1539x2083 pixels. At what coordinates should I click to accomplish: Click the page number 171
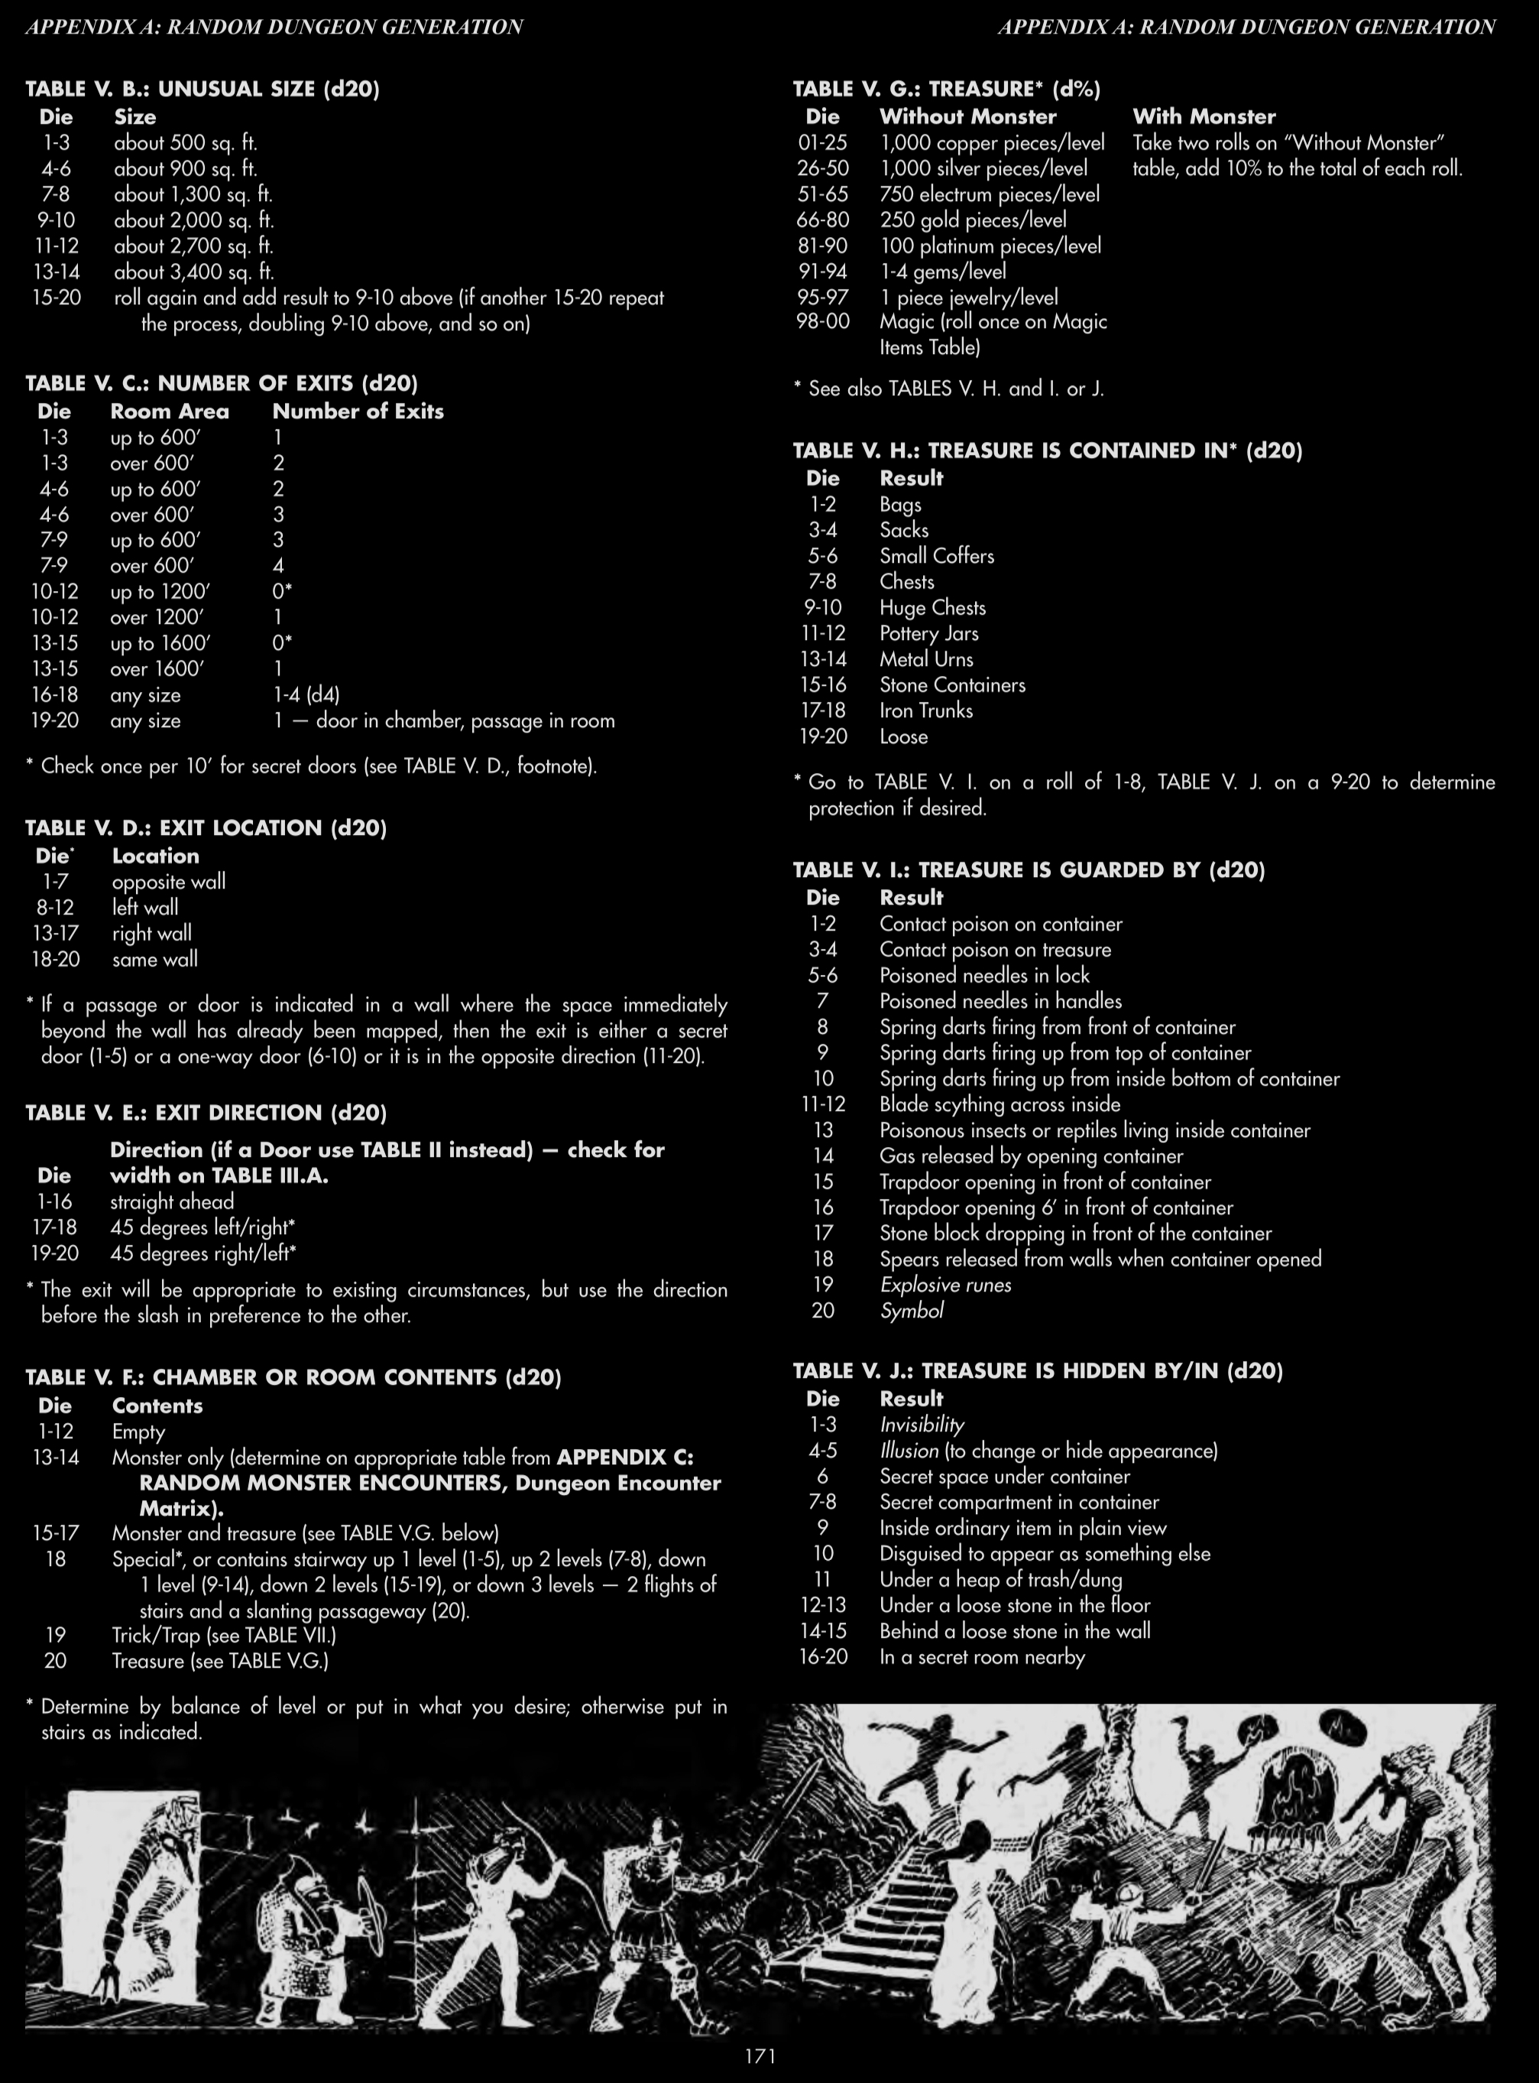tap(760, 2056)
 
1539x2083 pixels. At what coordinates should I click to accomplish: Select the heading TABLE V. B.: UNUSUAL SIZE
tap(202, 89)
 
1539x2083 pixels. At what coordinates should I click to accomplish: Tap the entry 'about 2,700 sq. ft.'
tap(194, 246)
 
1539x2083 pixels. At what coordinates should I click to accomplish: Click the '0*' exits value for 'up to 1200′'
tap(282, 591)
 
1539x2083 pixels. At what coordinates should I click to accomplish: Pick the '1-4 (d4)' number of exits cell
tap(306, 694)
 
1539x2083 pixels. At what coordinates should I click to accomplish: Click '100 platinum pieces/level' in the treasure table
tap(990, 246)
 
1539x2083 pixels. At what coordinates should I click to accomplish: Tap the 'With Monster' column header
tap(1204, 116)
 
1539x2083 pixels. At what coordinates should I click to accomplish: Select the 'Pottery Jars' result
tap(928, 634)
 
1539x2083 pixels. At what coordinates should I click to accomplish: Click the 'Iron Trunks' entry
tap(926, 710)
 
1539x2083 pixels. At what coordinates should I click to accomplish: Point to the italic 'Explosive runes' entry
tap(945, 1284)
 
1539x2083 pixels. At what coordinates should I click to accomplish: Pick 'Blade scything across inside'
tap(1000, 1104)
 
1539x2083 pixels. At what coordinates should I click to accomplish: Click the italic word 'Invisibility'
tap(922, 1425)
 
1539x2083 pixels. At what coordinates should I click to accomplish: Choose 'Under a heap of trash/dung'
tap(1000, 1579)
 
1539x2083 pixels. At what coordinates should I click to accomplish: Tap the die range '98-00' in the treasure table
tap(822, 321)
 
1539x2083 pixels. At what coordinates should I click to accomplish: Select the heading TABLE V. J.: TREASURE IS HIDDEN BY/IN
tap(1038, 1371)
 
